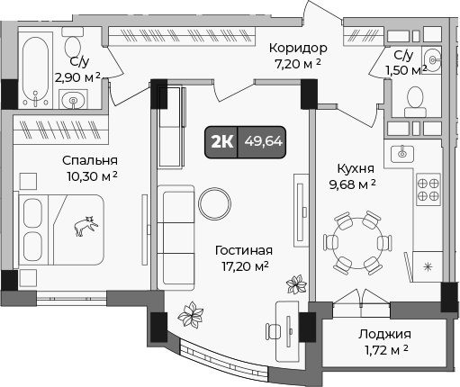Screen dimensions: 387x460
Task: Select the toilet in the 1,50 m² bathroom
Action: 415,99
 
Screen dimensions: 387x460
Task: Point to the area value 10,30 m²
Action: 90,177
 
